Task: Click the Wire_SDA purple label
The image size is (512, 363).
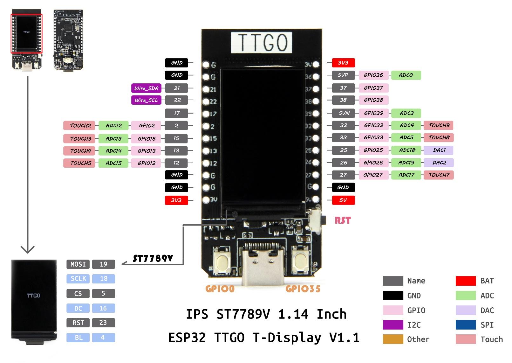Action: click(x=146, y=88)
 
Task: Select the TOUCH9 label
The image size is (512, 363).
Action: click(x=439, y=125)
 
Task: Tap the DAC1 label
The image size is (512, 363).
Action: click(x=439, y=150)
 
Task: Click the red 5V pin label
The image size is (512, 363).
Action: click(x=343, y=200)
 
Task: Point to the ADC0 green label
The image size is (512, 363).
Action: click(x=406, y=75)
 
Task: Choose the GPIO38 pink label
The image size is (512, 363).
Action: click(x=373, y=100)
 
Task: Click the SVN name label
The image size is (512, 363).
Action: click(x=344, y=113)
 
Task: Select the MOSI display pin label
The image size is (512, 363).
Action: click(x=78, y=264)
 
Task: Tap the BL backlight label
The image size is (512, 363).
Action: click(x=78, y=338)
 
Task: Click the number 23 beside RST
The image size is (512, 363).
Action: click(x=103, y=323)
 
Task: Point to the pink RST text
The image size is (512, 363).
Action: click(x=343, y=220)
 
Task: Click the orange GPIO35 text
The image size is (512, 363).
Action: click(x=303, y=289)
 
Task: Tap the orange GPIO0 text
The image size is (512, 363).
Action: click(x=220, y=289)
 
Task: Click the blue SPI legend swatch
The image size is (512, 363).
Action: click(x=466, y=325)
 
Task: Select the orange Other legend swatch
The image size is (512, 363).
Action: click(x=393, y=339)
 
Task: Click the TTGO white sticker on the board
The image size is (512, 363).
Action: click(x=261, y=42)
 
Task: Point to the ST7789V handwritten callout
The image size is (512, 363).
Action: click(x=153, y=258)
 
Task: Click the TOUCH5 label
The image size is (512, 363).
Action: click(x=80, y=163)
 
